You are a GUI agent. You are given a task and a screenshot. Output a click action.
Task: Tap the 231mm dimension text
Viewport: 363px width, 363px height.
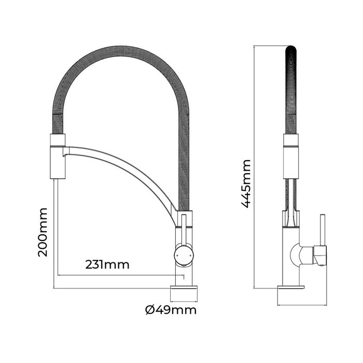click(107, 264)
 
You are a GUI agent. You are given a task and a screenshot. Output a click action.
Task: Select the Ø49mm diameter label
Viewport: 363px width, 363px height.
click(171, 311)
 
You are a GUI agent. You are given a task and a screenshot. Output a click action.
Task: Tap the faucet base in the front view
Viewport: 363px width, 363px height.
click(184, 293)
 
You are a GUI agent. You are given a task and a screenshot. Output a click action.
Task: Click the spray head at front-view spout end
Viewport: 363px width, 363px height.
click(57, 158)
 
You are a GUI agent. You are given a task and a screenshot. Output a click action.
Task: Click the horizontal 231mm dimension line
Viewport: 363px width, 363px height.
click(119, 274)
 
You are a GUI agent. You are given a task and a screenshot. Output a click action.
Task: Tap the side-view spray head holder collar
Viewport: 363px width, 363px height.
click(291, 156)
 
